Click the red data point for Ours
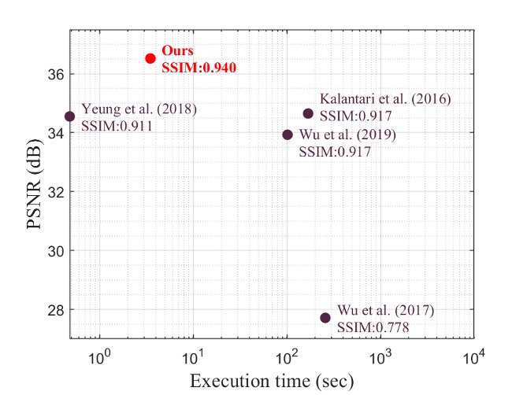[150, 58]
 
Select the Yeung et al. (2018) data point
[69, 116]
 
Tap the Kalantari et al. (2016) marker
[308, 113]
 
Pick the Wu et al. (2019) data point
[288, 135]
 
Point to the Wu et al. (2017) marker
[325, 318]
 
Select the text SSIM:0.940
[199, 68]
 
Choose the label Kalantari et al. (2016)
[384, 99]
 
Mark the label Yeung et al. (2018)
[139, 109]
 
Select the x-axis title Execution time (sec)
[271, 382]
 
